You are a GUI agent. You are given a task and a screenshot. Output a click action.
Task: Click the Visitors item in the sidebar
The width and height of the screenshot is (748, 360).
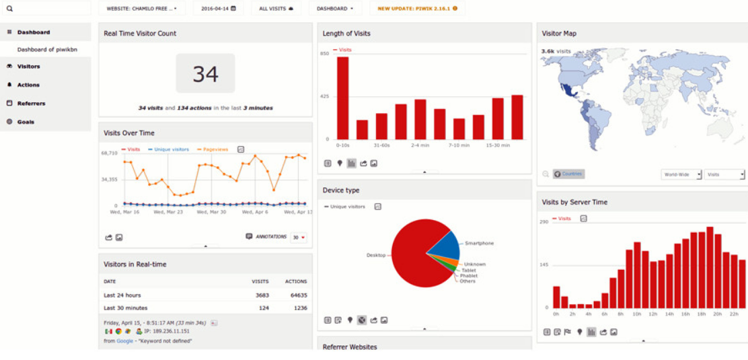point(28,67)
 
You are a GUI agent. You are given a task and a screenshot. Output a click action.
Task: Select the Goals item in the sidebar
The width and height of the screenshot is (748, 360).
point(25,122)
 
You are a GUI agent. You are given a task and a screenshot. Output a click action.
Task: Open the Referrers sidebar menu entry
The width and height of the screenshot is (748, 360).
point(31,104)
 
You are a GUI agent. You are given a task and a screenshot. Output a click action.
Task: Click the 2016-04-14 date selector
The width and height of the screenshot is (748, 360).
point(218,9)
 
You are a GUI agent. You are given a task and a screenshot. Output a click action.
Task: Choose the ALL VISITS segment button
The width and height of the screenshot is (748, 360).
point(276,9)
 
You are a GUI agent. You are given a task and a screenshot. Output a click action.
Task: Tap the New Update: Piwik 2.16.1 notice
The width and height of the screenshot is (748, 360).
point(417,9)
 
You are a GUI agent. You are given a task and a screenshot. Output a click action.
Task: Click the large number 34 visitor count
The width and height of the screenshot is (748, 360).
point(205,73)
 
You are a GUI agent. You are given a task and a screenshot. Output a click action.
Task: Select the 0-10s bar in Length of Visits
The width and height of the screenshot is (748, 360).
point(342,98)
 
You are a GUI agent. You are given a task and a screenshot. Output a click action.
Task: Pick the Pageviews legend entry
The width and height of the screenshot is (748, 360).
point(215,149)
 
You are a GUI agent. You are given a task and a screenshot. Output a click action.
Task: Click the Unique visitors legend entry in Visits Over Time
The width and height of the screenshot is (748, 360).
point(171,149)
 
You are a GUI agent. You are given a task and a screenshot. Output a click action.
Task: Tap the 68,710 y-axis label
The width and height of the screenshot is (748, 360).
point(109,153)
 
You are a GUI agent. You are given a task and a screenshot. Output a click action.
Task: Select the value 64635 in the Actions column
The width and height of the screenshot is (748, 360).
point(296,295)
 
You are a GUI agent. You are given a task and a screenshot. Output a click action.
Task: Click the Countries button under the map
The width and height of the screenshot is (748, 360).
point(568,174)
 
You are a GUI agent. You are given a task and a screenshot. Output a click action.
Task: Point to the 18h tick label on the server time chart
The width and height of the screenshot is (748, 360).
point(701,314)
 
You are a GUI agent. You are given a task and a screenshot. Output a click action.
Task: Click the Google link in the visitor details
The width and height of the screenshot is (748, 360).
point(124,341)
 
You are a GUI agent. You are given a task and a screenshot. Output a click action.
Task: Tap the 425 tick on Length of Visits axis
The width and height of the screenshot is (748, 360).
point(324,96)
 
